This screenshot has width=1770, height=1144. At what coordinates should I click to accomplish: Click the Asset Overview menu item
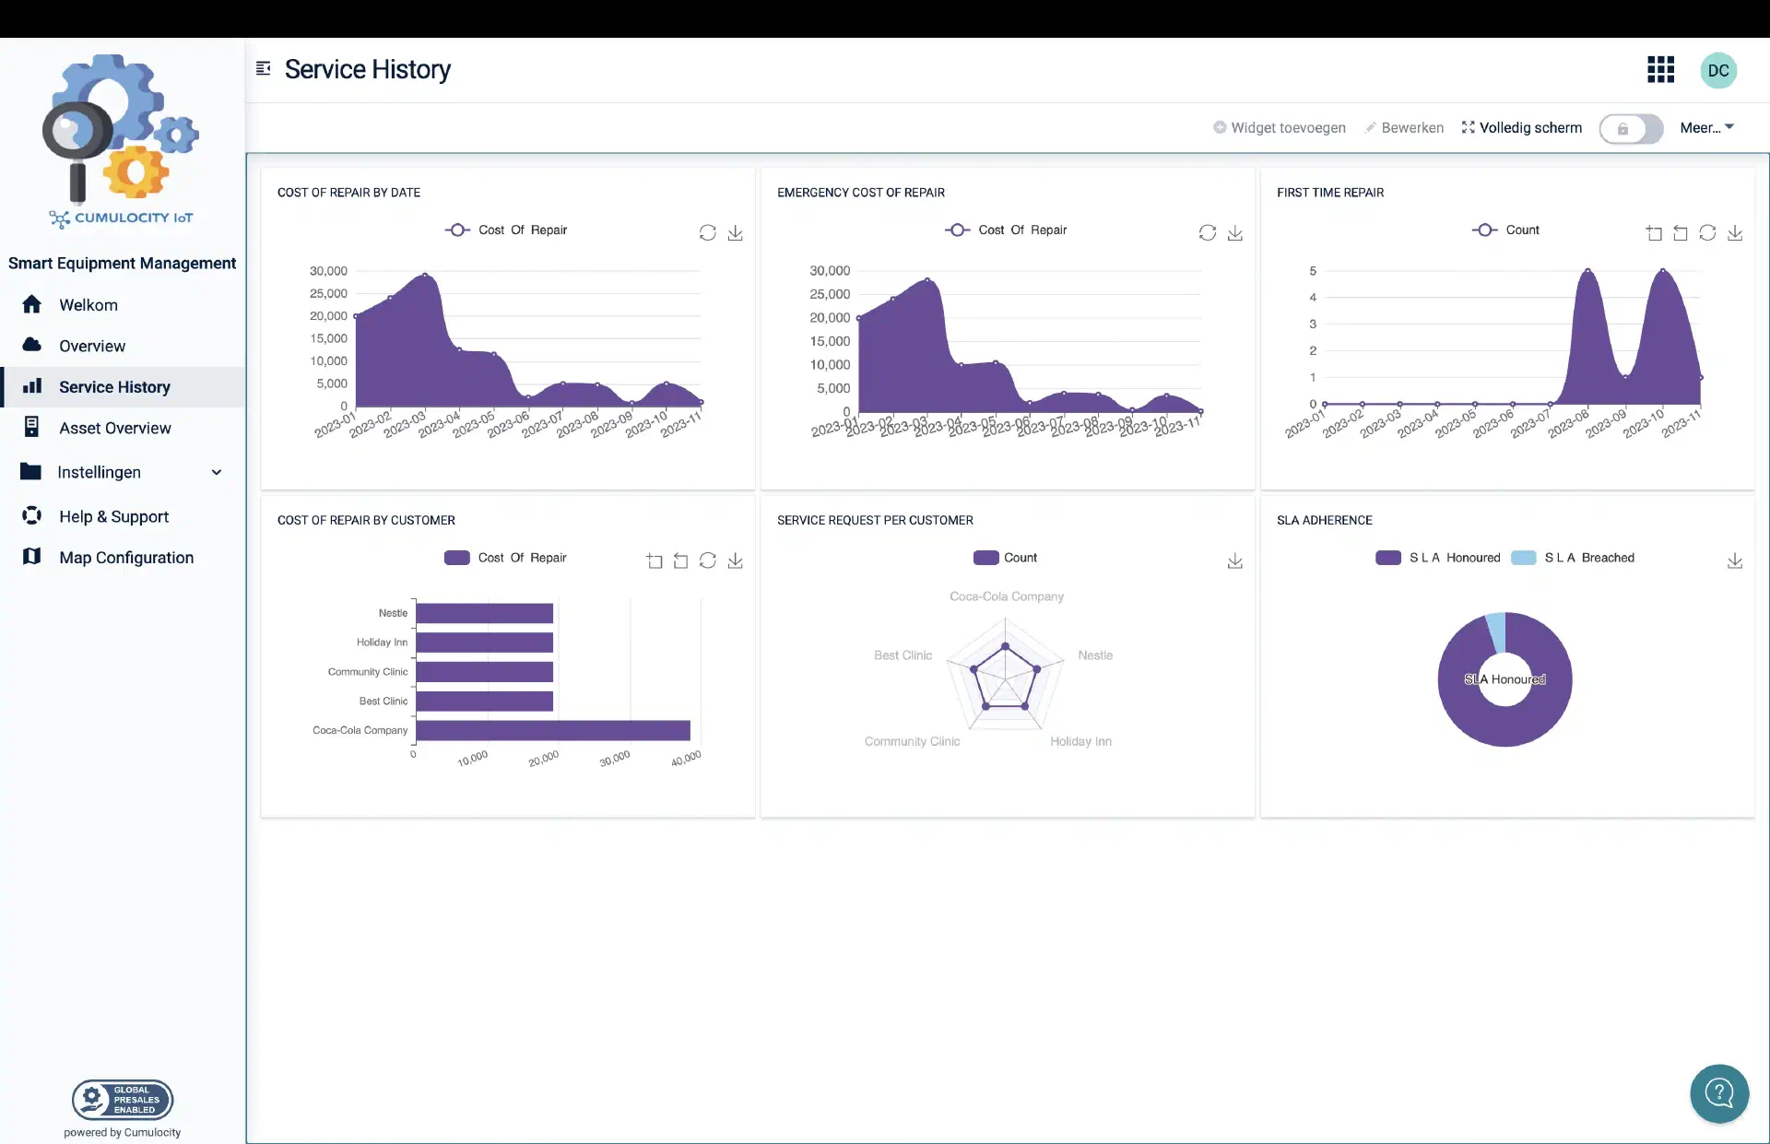(x=114, y=428)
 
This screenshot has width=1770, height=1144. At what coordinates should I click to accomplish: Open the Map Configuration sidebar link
(x=125, y=558)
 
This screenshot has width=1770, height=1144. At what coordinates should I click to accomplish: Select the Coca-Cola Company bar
(x=552, y=730)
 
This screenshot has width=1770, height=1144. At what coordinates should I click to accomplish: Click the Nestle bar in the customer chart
(x=484, y=613)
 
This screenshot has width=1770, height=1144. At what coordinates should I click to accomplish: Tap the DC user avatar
(x=1717, y=70)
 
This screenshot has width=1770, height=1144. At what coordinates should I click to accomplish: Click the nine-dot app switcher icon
(x=1660, y=70)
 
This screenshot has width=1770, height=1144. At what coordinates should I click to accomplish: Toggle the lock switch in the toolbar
(x=1630, y=128)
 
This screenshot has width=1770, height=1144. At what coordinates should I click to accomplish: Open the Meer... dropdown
(x=1706, y=127)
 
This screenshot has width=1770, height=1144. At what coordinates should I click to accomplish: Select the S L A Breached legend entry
(x=1574, y=558)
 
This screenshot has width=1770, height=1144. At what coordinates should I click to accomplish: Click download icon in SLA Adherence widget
(x=1734, y=560)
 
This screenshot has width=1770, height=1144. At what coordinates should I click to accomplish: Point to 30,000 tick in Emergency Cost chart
(x=829, y=270)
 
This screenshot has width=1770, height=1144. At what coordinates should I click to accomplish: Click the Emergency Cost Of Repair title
(x=860, y=193)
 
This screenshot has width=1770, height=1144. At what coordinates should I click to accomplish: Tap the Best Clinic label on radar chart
(x=903, y=655)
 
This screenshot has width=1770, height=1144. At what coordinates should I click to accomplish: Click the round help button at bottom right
(x=1718, y=1093)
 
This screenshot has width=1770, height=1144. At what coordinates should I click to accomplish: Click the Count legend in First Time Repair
(x=1505, y=230)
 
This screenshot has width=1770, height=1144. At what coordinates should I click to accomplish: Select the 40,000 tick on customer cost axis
(x=686, y=759)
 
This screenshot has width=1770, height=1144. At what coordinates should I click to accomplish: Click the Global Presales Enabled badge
(x=123, y=1099)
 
